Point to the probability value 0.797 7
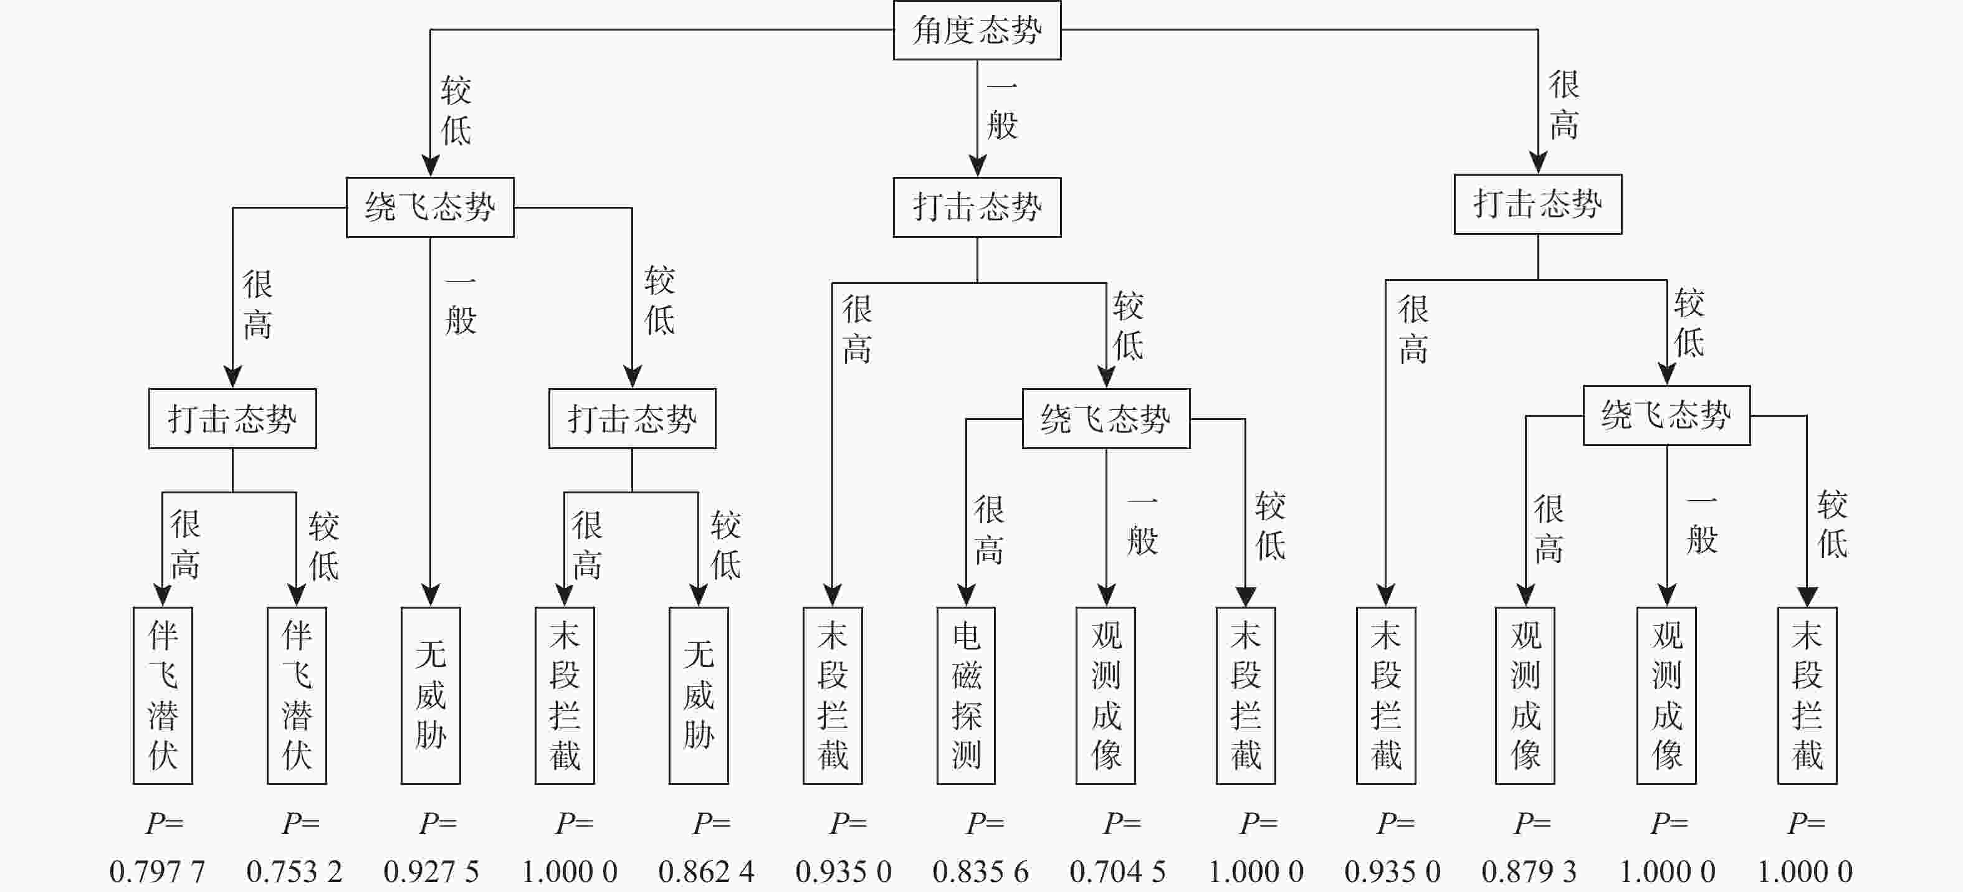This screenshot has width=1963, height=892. point(157,871)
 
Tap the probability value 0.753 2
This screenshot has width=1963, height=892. point(294,871)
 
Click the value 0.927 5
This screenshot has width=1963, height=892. point(431,871)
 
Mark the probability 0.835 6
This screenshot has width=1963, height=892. point(981,871)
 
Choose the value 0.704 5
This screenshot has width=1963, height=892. point(1118,871)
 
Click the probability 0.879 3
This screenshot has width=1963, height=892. point(1529,871)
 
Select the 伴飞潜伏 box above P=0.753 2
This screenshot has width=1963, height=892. point(297,695)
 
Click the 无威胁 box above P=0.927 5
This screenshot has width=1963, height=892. point(431,695)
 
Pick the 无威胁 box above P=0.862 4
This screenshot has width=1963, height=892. point(698,695)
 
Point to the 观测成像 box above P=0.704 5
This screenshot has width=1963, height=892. point(1105,695)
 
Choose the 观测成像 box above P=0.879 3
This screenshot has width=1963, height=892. point(1525,695)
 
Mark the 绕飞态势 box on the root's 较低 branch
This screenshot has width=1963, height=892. point(430,207)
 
